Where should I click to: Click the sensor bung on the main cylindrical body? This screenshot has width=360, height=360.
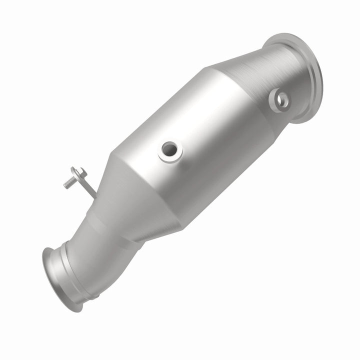(x=170, y=150)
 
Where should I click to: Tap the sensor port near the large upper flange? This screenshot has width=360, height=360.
(x=281, y=99)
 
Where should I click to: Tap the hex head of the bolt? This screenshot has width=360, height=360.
(x=77, y=172)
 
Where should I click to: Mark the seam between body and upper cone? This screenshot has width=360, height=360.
(x=220, y=80)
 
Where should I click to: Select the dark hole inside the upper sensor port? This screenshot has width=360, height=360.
(x=283, y=99)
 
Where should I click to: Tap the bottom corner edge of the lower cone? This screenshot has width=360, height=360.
(x=180, y=227)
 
